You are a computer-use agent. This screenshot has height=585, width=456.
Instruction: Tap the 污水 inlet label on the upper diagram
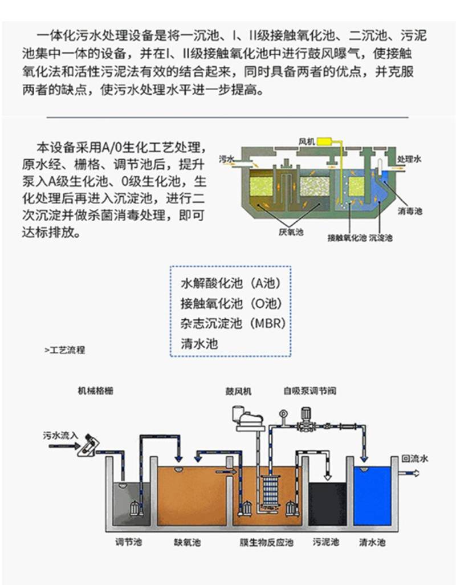[x=226, y=159]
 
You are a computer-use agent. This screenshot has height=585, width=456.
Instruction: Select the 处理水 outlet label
[x=409, y=159]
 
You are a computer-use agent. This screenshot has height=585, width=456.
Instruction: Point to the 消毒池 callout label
[x=410, y=211]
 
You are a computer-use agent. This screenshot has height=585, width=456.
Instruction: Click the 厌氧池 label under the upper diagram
[x=291, y=231]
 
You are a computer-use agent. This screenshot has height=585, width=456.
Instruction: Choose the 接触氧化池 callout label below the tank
[x=347, y=238]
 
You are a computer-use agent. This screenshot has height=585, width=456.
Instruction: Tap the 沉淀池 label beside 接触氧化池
[x=381, y=238]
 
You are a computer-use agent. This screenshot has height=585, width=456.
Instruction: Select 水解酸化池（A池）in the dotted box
[x=231, y=283]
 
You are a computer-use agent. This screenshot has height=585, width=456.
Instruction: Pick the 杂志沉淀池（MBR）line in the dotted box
[x=233, y=323]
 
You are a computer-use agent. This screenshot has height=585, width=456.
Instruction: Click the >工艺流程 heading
[x=65, y=350]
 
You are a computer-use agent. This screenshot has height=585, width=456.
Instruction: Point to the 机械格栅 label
[x=95, y=391]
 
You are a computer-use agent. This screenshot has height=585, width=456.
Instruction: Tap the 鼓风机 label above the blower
[x=239, y=391]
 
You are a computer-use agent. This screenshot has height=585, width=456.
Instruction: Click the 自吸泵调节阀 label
[x=310, y=391]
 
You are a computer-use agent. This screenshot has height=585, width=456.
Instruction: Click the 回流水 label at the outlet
[x=414, y=458]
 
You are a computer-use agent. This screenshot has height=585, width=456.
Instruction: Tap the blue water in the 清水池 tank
[x=372, y=495]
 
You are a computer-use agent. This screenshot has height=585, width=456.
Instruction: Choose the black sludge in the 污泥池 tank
[x=327, y=503]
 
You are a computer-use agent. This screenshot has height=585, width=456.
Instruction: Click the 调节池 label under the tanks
[x=129, y=542]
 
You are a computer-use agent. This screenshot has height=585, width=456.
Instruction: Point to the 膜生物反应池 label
[x=267, y=542]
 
